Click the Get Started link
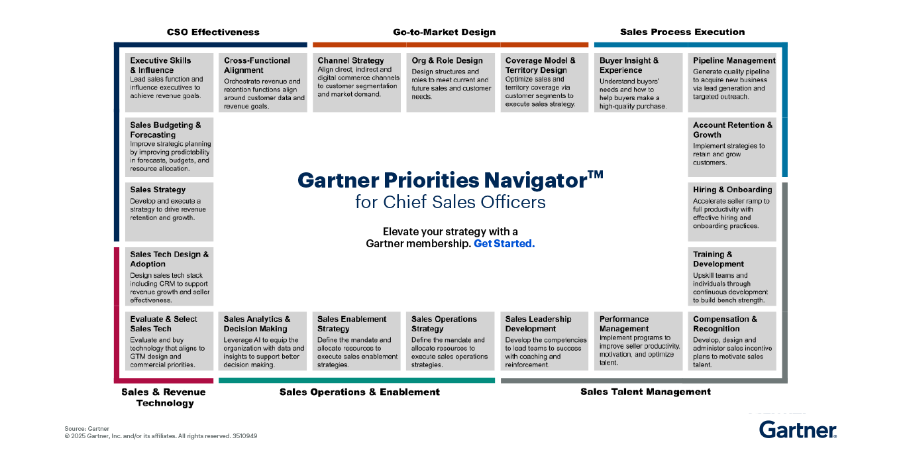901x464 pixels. click(503, 243)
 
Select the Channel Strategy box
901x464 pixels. click(357, 82)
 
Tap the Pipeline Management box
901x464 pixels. click(732, 82)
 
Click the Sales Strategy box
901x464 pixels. click(170, 211)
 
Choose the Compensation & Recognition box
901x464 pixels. click(732, 341)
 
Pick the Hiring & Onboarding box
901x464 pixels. click(732, 211)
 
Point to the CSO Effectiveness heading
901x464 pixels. click(213, 32)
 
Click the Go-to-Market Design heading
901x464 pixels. click(444, 32)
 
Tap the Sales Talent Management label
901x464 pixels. click(645, 392)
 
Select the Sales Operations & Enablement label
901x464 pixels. click(359, 392)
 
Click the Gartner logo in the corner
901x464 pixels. click(798, 430)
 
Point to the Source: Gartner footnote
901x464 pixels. click(87, 429)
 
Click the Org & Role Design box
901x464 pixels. click(450, 82)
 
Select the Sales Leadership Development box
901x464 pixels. click(545, 341)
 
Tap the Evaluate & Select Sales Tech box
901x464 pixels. click(170, 341)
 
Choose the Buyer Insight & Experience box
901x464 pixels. click(638, 82)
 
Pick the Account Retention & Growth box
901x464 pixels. click(732, 146)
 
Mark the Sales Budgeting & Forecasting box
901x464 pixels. click(170, 146)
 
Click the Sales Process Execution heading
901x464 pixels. click(682, 32)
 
